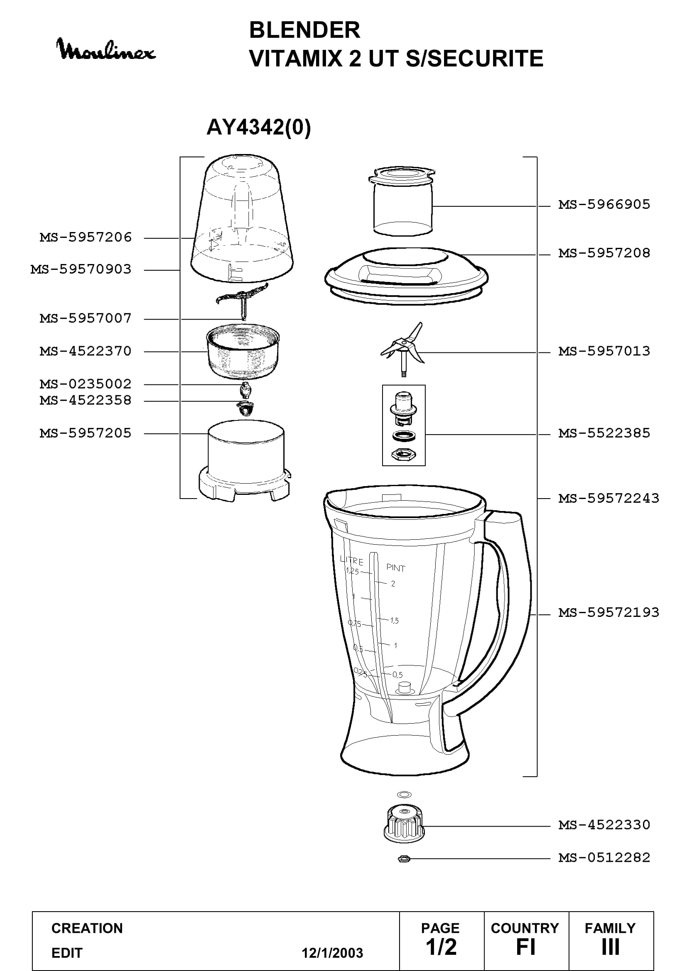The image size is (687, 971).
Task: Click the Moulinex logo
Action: point(106,49)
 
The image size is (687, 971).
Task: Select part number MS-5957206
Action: point(86,237)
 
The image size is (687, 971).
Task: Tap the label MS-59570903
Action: point(81,269)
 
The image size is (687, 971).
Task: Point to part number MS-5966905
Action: point(604,205)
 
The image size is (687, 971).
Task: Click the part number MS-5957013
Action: point(604,351)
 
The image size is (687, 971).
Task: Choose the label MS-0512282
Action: point(604,858)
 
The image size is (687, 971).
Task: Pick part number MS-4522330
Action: point(604,825)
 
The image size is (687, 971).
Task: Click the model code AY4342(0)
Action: point(258,127)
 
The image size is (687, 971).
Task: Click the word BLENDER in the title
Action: point(304,30)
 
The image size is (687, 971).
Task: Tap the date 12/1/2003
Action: point(332,953)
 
